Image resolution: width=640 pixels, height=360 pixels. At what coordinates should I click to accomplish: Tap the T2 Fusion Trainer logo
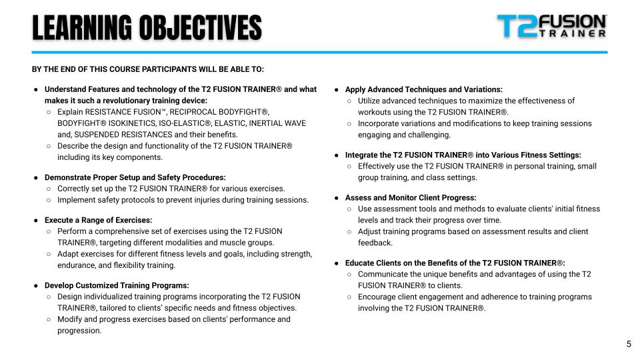click(551, 26)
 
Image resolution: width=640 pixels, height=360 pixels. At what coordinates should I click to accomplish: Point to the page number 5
click(629, 344)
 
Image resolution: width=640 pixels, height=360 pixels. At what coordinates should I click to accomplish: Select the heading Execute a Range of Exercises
click(98, 220)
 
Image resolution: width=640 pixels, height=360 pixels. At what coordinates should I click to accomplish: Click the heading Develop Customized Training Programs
click(117, 285)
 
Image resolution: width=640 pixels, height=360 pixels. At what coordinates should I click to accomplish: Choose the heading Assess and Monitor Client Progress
click(410, 198)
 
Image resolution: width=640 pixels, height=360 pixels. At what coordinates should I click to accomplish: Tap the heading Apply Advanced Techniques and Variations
click(423, 89)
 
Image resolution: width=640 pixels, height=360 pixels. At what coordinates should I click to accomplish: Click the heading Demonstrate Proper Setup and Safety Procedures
click(135, 177)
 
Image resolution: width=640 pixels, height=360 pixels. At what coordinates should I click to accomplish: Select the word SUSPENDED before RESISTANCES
click(99, 135)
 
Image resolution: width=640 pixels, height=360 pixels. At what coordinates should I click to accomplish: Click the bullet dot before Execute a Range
click(36, 220)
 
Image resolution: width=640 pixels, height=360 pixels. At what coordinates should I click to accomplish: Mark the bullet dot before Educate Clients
click(337, 263)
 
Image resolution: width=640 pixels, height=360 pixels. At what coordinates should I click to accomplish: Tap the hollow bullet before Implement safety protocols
click(49, 200)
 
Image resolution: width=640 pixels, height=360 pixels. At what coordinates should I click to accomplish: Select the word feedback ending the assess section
click(375, 243)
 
